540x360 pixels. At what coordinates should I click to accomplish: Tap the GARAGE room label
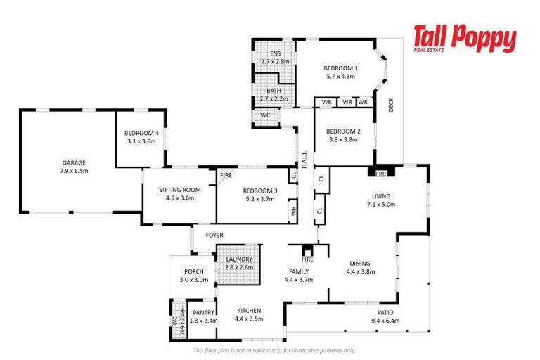click(75, 162)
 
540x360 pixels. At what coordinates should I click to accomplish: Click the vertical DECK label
click(391, 105)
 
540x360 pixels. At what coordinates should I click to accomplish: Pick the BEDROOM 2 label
click(343, 131)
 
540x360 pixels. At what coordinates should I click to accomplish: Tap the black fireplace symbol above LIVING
click(381, 171)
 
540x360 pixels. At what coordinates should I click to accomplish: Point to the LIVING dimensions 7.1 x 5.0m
click(380, 205)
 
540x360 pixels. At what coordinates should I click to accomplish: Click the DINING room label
click(359, 264)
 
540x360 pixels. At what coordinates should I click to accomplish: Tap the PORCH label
click(193, 271)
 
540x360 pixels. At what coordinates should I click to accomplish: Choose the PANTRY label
click(203, 312)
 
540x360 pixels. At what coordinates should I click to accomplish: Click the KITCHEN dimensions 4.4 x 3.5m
click(249, 319)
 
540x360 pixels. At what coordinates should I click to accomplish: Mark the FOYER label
click(214, 235)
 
